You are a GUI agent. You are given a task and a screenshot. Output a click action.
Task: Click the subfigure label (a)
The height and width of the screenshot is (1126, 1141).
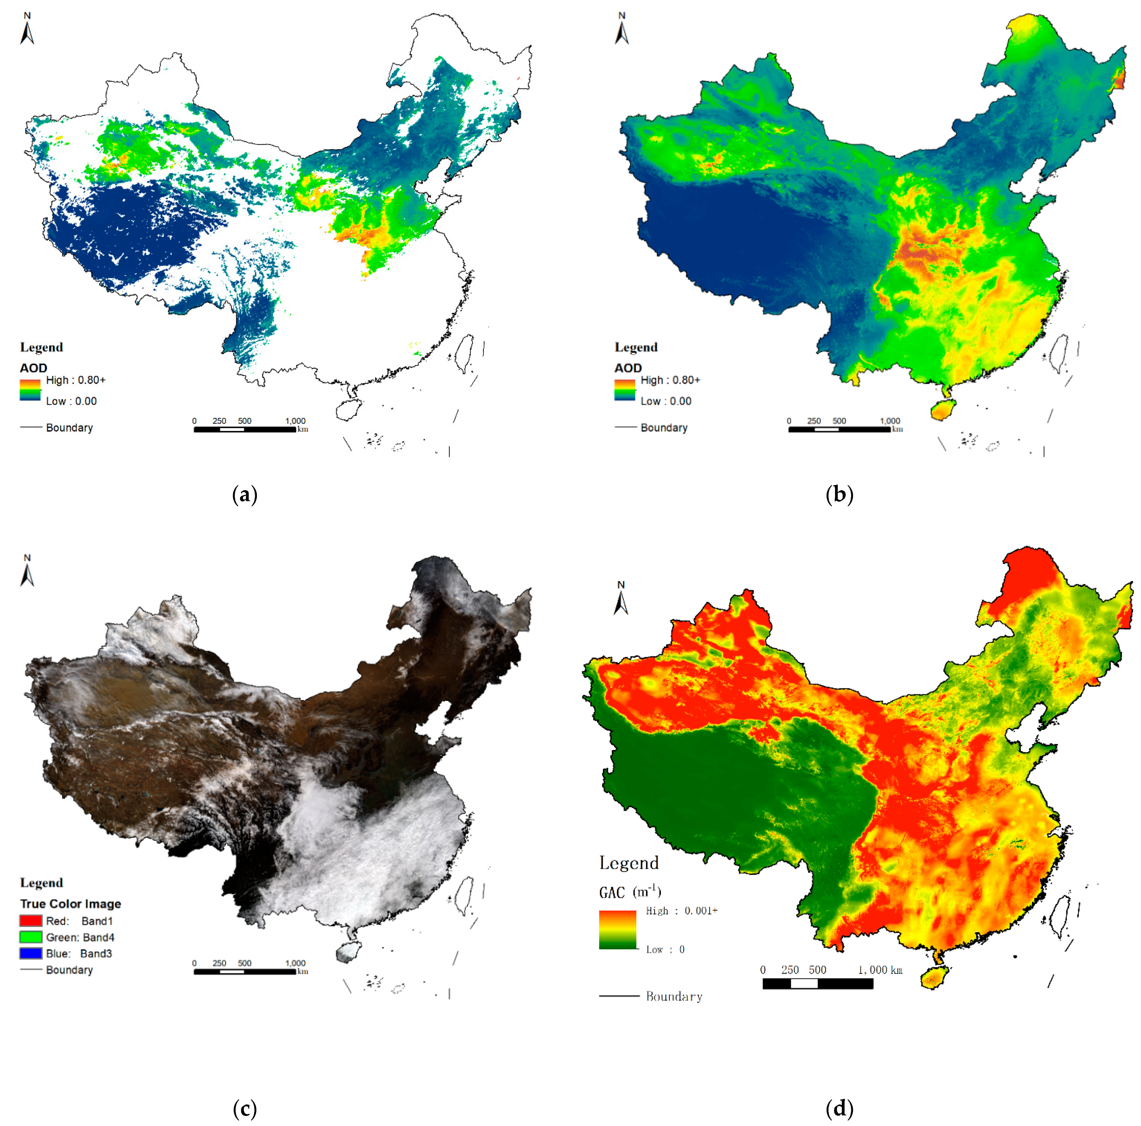(x=244, y=494)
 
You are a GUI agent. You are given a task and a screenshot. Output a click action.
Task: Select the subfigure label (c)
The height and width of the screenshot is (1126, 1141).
(x=244, y=1108)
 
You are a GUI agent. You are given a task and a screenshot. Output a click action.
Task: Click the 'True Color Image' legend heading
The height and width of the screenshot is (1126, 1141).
(x=70, y=903)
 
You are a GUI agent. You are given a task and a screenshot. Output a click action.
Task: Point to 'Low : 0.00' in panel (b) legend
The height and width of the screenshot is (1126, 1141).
(x=666, y=401)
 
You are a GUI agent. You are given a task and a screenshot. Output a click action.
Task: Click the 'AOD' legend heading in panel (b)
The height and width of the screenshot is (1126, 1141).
(x=628, y=368)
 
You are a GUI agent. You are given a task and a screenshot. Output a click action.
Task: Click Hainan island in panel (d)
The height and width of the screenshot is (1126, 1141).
(x=933, y=977)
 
